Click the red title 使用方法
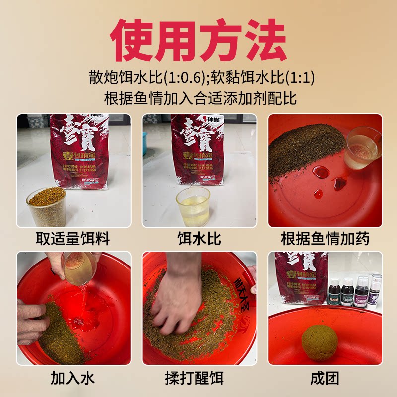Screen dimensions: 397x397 coord(198,41)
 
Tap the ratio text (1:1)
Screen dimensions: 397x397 coord(300,78)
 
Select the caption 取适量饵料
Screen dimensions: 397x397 coord(73,239)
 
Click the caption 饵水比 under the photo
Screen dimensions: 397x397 coord(199,239)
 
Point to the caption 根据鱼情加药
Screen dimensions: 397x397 coord(325,239)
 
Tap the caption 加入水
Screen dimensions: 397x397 coord(73,379)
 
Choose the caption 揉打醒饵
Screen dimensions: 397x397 coord(199,379)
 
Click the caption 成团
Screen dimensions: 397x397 coord(325,379)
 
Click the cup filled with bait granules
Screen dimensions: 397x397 coord(46,205)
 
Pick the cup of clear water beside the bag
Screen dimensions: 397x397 coord(193,205)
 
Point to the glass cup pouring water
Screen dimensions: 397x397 coord(79,268)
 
